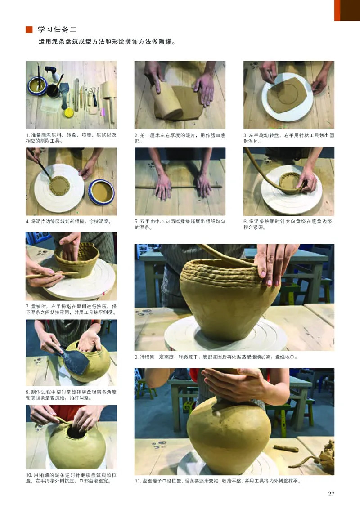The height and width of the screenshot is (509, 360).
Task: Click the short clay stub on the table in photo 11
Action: [x=286, y=448]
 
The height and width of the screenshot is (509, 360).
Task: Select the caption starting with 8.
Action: [x=216, y=357]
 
